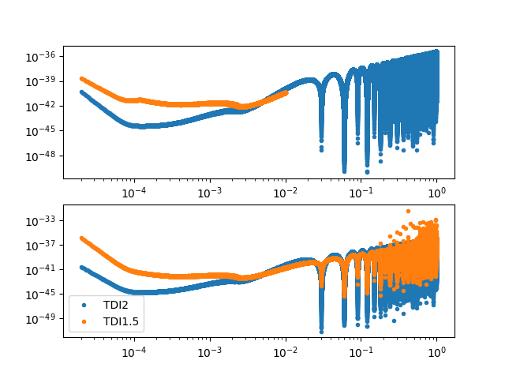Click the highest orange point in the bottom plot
[x=408, y=211]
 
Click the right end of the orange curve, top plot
[x=286, y=92]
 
